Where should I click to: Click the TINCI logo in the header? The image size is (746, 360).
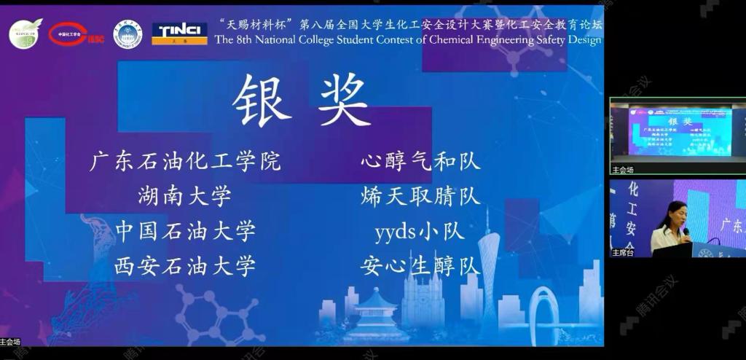179,33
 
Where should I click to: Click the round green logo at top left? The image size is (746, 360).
25,34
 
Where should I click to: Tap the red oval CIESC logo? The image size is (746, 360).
76,33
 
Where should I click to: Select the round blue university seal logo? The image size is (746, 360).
128,34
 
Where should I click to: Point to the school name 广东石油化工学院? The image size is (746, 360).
185,160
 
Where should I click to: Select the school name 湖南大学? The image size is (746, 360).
185,195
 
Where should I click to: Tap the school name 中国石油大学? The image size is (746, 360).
185,231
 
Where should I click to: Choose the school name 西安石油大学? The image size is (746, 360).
185,266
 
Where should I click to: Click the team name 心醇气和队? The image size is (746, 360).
420,160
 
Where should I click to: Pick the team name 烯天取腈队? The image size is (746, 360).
420,195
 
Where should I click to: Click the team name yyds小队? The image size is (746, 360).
420,231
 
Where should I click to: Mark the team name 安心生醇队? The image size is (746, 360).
420,266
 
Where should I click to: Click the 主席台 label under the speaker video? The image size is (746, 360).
623,253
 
